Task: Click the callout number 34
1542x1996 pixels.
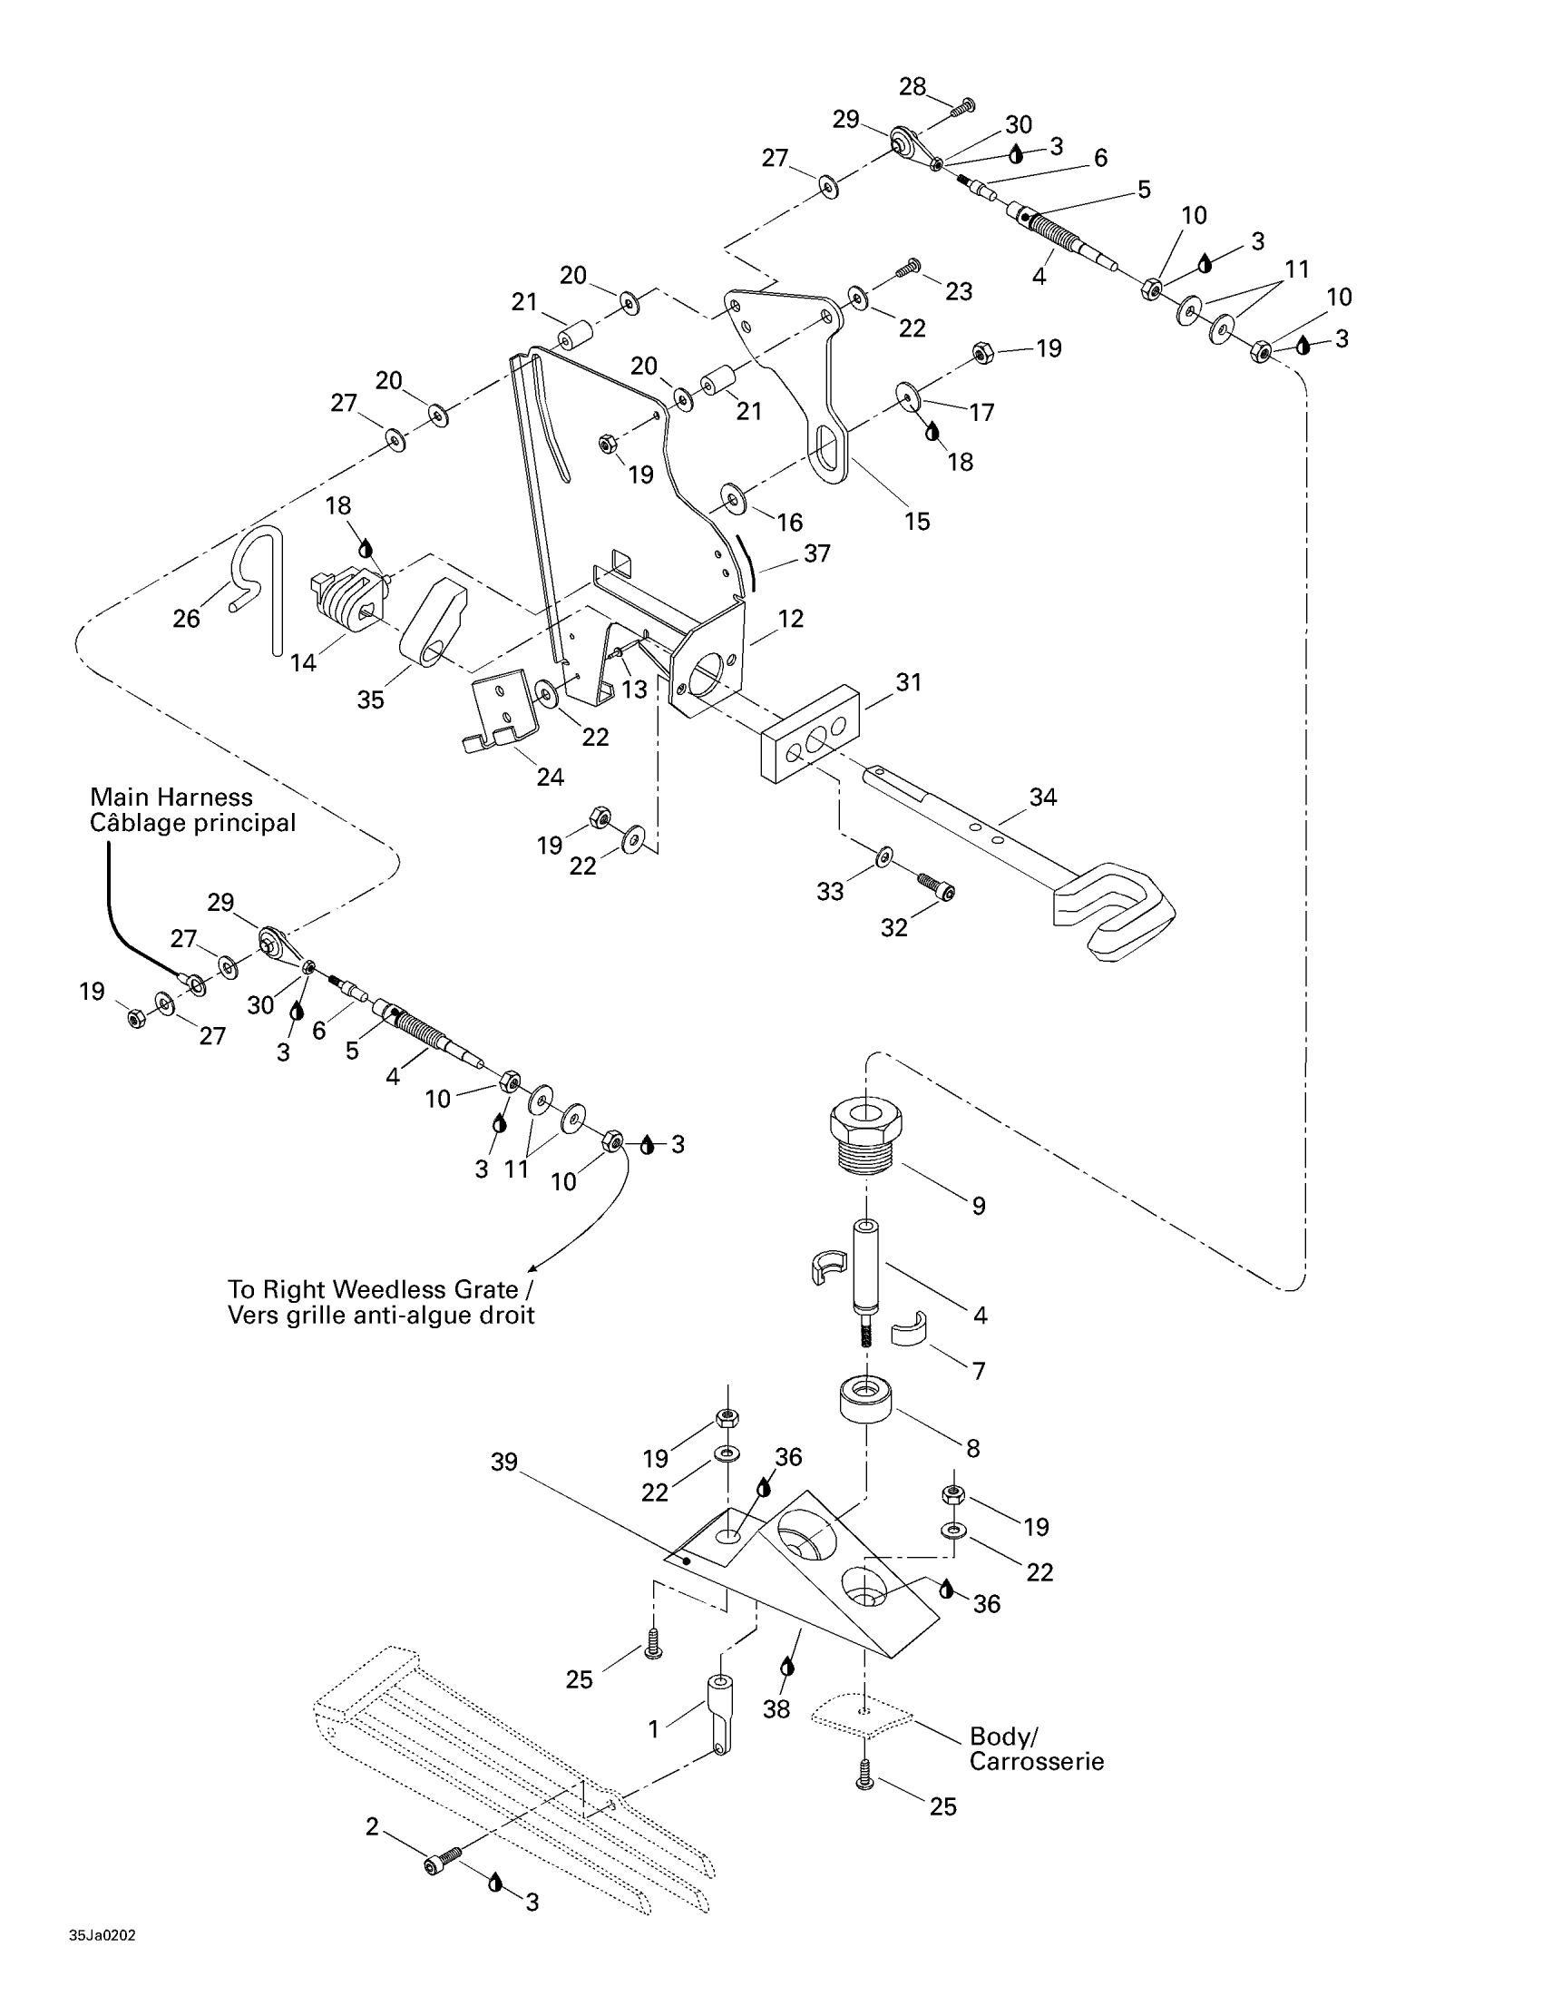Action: click(x=1042, y=797)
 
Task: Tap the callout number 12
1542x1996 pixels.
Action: click(x=790, y=619)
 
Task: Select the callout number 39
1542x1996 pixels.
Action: click(x=504, y=1462)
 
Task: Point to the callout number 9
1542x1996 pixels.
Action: click(x=979, y=1206)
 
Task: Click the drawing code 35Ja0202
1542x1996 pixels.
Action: click(x=102, y=1935)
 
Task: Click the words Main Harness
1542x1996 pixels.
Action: click(x=171, y=797)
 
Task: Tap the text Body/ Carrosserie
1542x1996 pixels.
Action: click(x=1036, y=1748)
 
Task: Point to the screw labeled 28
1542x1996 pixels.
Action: click(x=961, y=108)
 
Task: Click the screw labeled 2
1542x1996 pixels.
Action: click(x=442, y=1860)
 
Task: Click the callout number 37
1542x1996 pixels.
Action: click(x=816, y=553)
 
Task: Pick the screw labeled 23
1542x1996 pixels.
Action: click(x=907, y=268)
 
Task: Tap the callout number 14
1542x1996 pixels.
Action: click(x=302, y=661)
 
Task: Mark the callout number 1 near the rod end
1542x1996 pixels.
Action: click(x=653, y=1729)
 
